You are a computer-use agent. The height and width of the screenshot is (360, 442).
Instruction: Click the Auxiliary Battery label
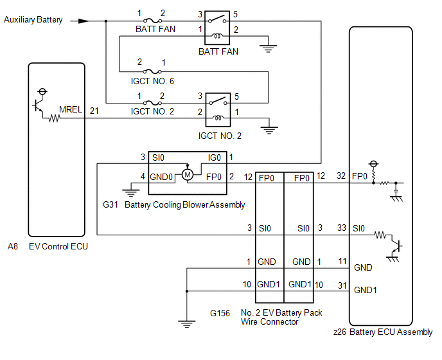(33, 20)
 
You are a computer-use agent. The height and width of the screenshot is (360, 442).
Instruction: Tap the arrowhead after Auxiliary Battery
(84, 21)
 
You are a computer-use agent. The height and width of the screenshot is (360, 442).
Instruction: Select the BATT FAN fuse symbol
(152, 21)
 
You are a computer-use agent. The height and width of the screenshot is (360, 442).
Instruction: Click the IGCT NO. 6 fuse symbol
(152, 71)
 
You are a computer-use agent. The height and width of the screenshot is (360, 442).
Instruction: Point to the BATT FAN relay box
(217, 28)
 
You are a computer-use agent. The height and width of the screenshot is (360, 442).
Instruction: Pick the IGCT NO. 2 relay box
(218, 110)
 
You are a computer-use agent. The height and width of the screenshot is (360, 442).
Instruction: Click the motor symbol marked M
(188, 175)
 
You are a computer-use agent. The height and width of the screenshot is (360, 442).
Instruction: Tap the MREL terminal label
(71, 109)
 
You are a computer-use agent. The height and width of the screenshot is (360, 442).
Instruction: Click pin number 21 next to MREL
(94, 111)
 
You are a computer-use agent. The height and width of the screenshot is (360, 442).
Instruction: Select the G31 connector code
(110, 204)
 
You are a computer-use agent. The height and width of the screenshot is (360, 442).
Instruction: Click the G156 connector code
(220, 313)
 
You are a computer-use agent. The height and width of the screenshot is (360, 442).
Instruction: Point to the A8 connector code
(13, 247)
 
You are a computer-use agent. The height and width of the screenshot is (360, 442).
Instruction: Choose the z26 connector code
(340, 332)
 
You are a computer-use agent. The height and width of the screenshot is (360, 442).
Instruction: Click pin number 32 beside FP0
(341, 175)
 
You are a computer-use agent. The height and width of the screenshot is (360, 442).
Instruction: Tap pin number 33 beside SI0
(342, 228)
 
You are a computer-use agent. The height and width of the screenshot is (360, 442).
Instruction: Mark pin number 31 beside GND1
(342, 285)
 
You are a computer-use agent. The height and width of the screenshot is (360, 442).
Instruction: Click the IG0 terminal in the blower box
(214, 157)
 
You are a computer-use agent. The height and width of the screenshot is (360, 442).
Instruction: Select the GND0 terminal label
(161, 177)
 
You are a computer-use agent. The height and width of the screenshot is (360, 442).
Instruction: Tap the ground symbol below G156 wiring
(186, 324)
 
